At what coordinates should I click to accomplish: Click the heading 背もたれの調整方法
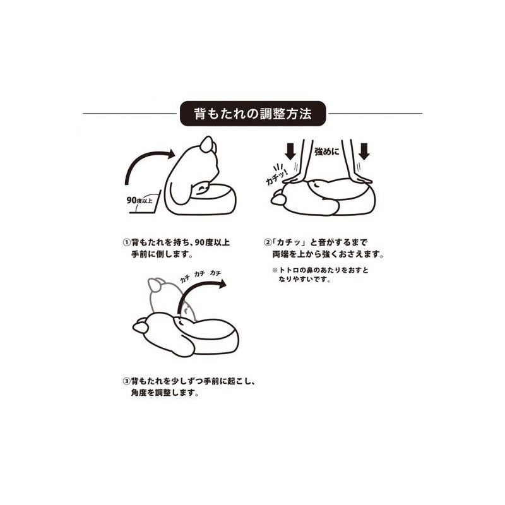[253, 114]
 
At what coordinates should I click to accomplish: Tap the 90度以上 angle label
[140, 200]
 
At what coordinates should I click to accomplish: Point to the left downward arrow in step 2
[290, 151]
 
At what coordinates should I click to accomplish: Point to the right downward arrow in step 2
[364, 151]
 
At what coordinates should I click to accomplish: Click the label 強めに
[327, 151]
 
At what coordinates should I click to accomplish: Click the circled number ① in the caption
[127, 242]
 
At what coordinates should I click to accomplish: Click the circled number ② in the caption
[268, 242]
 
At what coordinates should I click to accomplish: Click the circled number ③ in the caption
[127, 381]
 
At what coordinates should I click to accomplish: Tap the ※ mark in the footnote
[275, 270]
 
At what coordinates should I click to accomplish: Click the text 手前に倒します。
[162, 254]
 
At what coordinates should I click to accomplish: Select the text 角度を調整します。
[165, 393]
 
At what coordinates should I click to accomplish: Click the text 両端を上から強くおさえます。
[328, 254]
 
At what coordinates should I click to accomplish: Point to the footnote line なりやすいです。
[305, 280]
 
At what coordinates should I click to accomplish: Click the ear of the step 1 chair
[207, 145]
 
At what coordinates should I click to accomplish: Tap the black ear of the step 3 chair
[141, 326]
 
